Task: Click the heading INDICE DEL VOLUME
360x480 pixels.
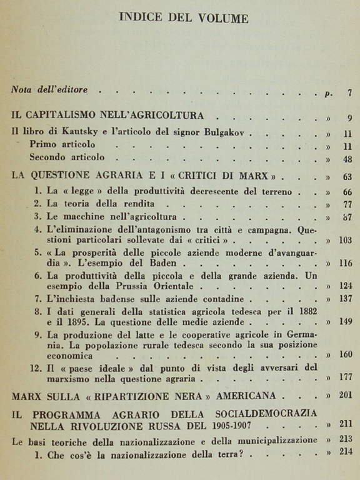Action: [183, 18]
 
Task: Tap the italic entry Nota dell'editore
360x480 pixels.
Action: [48, 89]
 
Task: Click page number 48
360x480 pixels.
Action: [347, 159]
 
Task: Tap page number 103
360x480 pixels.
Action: [345, 240]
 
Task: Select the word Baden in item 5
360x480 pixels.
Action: [150, 263]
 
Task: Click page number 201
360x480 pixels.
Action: [345, 394]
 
